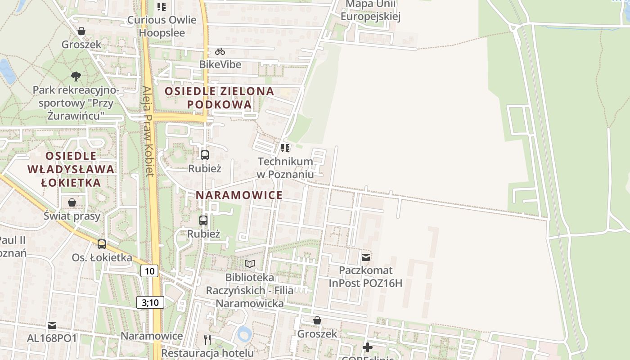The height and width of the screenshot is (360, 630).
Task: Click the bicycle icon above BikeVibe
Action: [220, 51]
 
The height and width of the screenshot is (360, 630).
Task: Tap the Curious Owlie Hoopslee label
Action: [162, 26]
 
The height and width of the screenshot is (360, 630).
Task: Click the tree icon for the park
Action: [76, 76]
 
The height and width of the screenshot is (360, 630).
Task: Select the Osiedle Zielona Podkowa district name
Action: [219, 98]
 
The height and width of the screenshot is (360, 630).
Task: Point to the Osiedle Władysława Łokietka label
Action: [71, 169]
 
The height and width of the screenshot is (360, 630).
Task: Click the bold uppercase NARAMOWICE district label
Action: [239, 195]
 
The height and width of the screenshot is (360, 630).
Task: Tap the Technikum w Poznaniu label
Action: [285, 167]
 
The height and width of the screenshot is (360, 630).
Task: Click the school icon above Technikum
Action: [285, 148]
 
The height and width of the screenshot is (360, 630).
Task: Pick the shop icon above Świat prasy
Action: [72, 202]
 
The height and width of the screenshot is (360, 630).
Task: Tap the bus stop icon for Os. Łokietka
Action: [102, 244]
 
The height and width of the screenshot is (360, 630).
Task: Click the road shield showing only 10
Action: [150, 271]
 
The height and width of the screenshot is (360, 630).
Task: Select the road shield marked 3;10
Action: [150, 302]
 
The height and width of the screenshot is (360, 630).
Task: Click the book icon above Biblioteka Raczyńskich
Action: [250, 264]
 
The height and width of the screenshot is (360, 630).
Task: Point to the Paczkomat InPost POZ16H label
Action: [365, 276]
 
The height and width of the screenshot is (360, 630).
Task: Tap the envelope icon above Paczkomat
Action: [366, 257]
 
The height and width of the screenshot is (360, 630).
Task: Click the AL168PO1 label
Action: [52, 338]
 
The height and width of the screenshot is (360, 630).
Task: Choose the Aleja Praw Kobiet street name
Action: [148, 131]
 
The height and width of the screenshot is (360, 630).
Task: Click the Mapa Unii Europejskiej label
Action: [370, 11]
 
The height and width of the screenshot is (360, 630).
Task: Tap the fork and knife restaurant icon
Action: [207, 339]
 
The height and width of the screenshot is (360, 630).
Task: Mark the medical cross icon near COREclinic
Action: [368, 347]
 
